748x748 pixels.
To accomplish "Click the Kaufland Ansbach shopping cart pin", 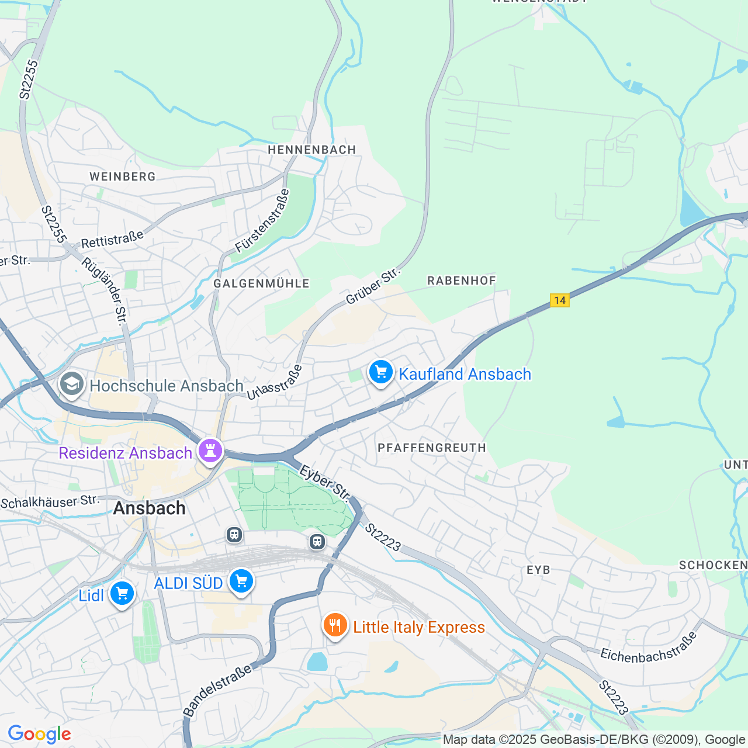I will pyautogui.click(x=381, y=372).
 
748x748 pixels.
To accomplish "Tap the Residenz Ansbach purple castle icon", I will pyautogui.click(x=210, y=451).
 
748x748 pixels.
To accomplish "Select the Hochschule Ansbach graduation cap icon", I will pyautogui.click(x=72, y=384).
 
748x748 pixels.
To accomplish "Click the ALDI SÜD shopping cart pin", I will pyautogui.click(x=241, y=581).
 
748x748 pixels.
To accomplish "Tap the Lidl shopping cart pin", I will pyautogui.click(x=122, y=594).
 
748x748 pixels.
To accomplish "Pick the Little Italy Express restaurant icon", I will pyautogui.click(x=335, y=625).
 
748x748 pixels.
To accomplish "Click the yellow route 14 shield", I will pyautogui.click(x=560, y=300).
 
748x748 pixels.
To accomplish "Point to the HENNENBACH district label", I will pyautogui.click(x=312, y=150).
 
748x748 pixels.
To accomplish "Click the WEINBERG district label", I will pyautogui.click(x=123, y=176).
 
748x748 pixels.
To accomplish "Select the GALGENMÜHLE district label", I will pyautogui.click(x=261, y=283).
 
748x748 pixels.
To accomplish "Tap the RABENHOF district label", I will pyautogui.click(x=462, y=280).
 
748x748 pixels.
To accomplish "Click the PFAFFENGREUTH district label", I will pyautogui.click(x=432, y=448).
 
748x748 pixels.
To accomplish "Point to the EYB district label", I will pyautogui.click(x=538, y=570).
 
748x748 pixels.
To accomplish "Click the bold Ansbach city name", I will pyautogui.click(x=150, y=508).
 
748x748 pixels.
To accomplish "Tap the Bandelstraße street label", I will pyautogui.click(x=217, y=690).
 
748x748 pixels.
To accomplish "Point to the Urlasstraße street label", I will pyautogui.click(x=275, y=382).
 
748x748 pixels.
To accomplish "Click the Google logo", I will pyautogui.click(x=39, y=734).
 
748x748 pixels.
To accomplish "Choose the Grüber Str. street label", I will pyautogui.click(x=372, y=286).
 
